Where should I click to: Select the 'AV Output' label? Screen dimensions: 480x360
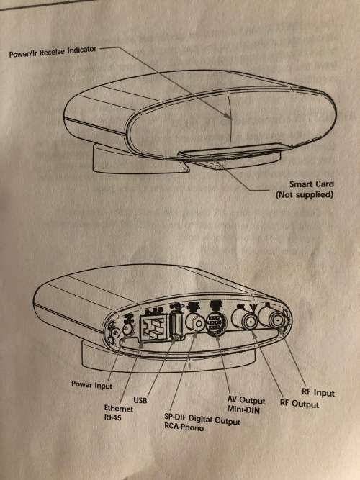pos(246,399)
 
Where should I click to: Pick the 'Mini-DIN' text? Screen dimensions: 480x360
pos(245,409)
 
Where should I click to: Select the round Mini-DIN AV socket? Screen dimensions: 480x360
pos(217,325)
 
